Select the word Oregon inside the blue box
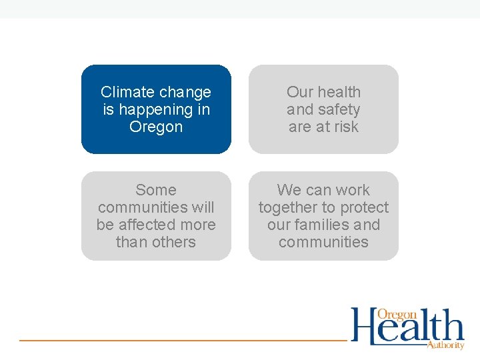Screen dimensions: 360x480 [156, 127]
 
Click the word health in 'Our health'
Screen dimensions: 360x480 [339, 92]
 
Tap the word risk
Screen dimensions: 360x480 [343, 127]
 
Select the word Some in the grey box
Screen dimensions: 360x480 [156, 190]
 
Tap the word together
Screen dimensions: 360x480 [287, 207]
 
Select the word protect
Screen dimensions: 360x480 [363, 207]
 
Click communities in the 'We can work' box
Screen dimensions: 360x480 [323, 242]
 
